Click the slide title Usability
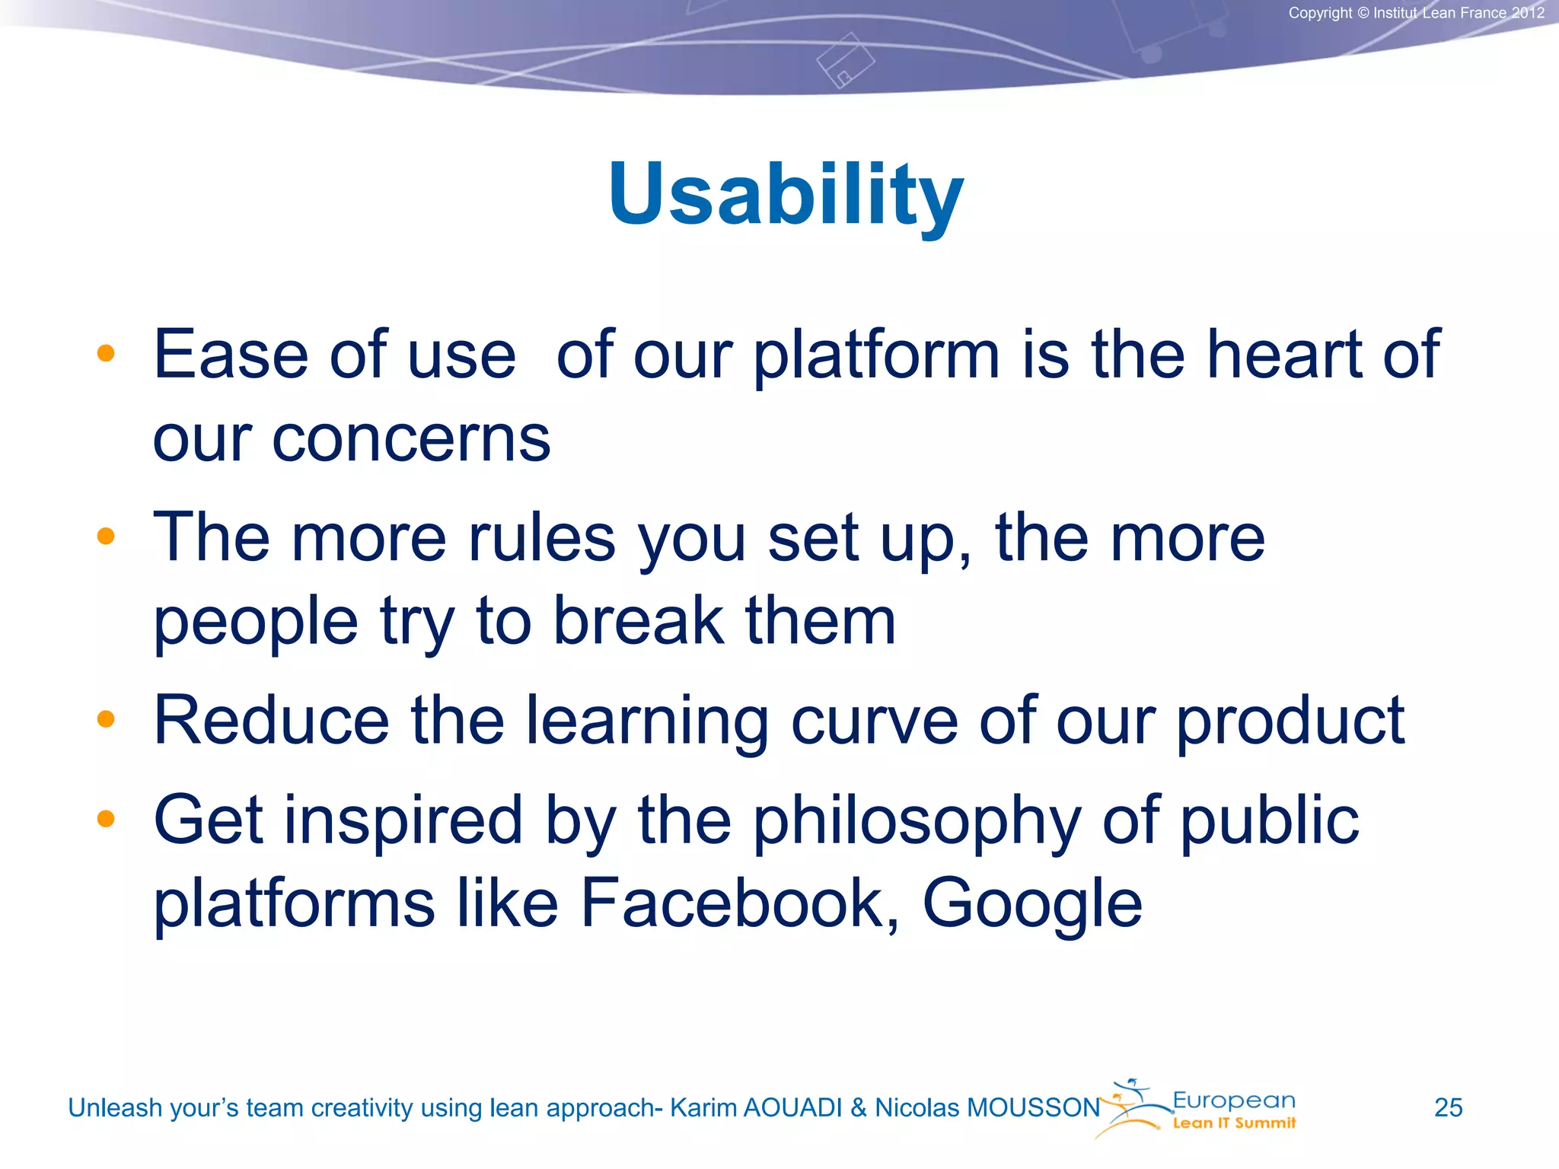click(x=786, y=195)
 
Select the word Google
click(x=1032, y=903)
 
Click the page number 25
click(x=1448, y=1107)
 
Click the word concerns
click(x=411, y=439)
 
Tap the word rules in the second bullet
click(x=541, y=538)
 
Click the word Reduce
click(x=272, y=720)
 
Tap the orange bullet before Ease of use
click(x=106, y=353)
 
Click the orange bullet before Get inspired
click(x=106, y=819)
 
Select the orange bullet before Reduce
click(x=106, y=719)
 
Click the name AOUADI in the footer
click(x=792, y=1108)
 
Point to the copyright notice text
click(x=1416, y=13)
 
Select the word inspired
click(x=403, y=820)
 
